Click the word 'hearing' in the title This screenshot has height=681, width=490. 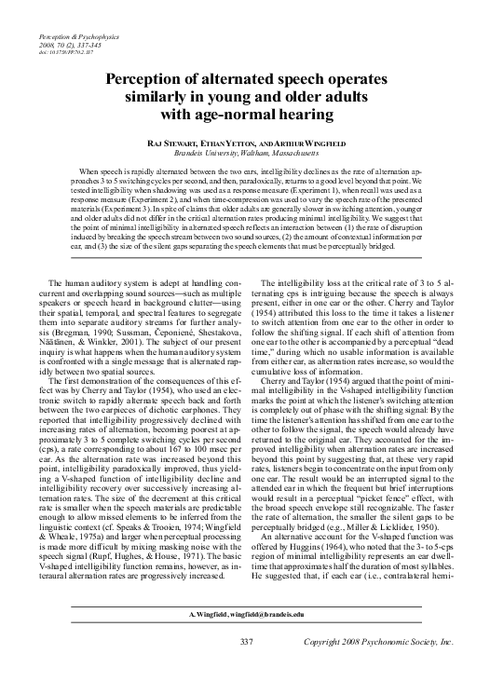pyautogui.click(x=301, y=116)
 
